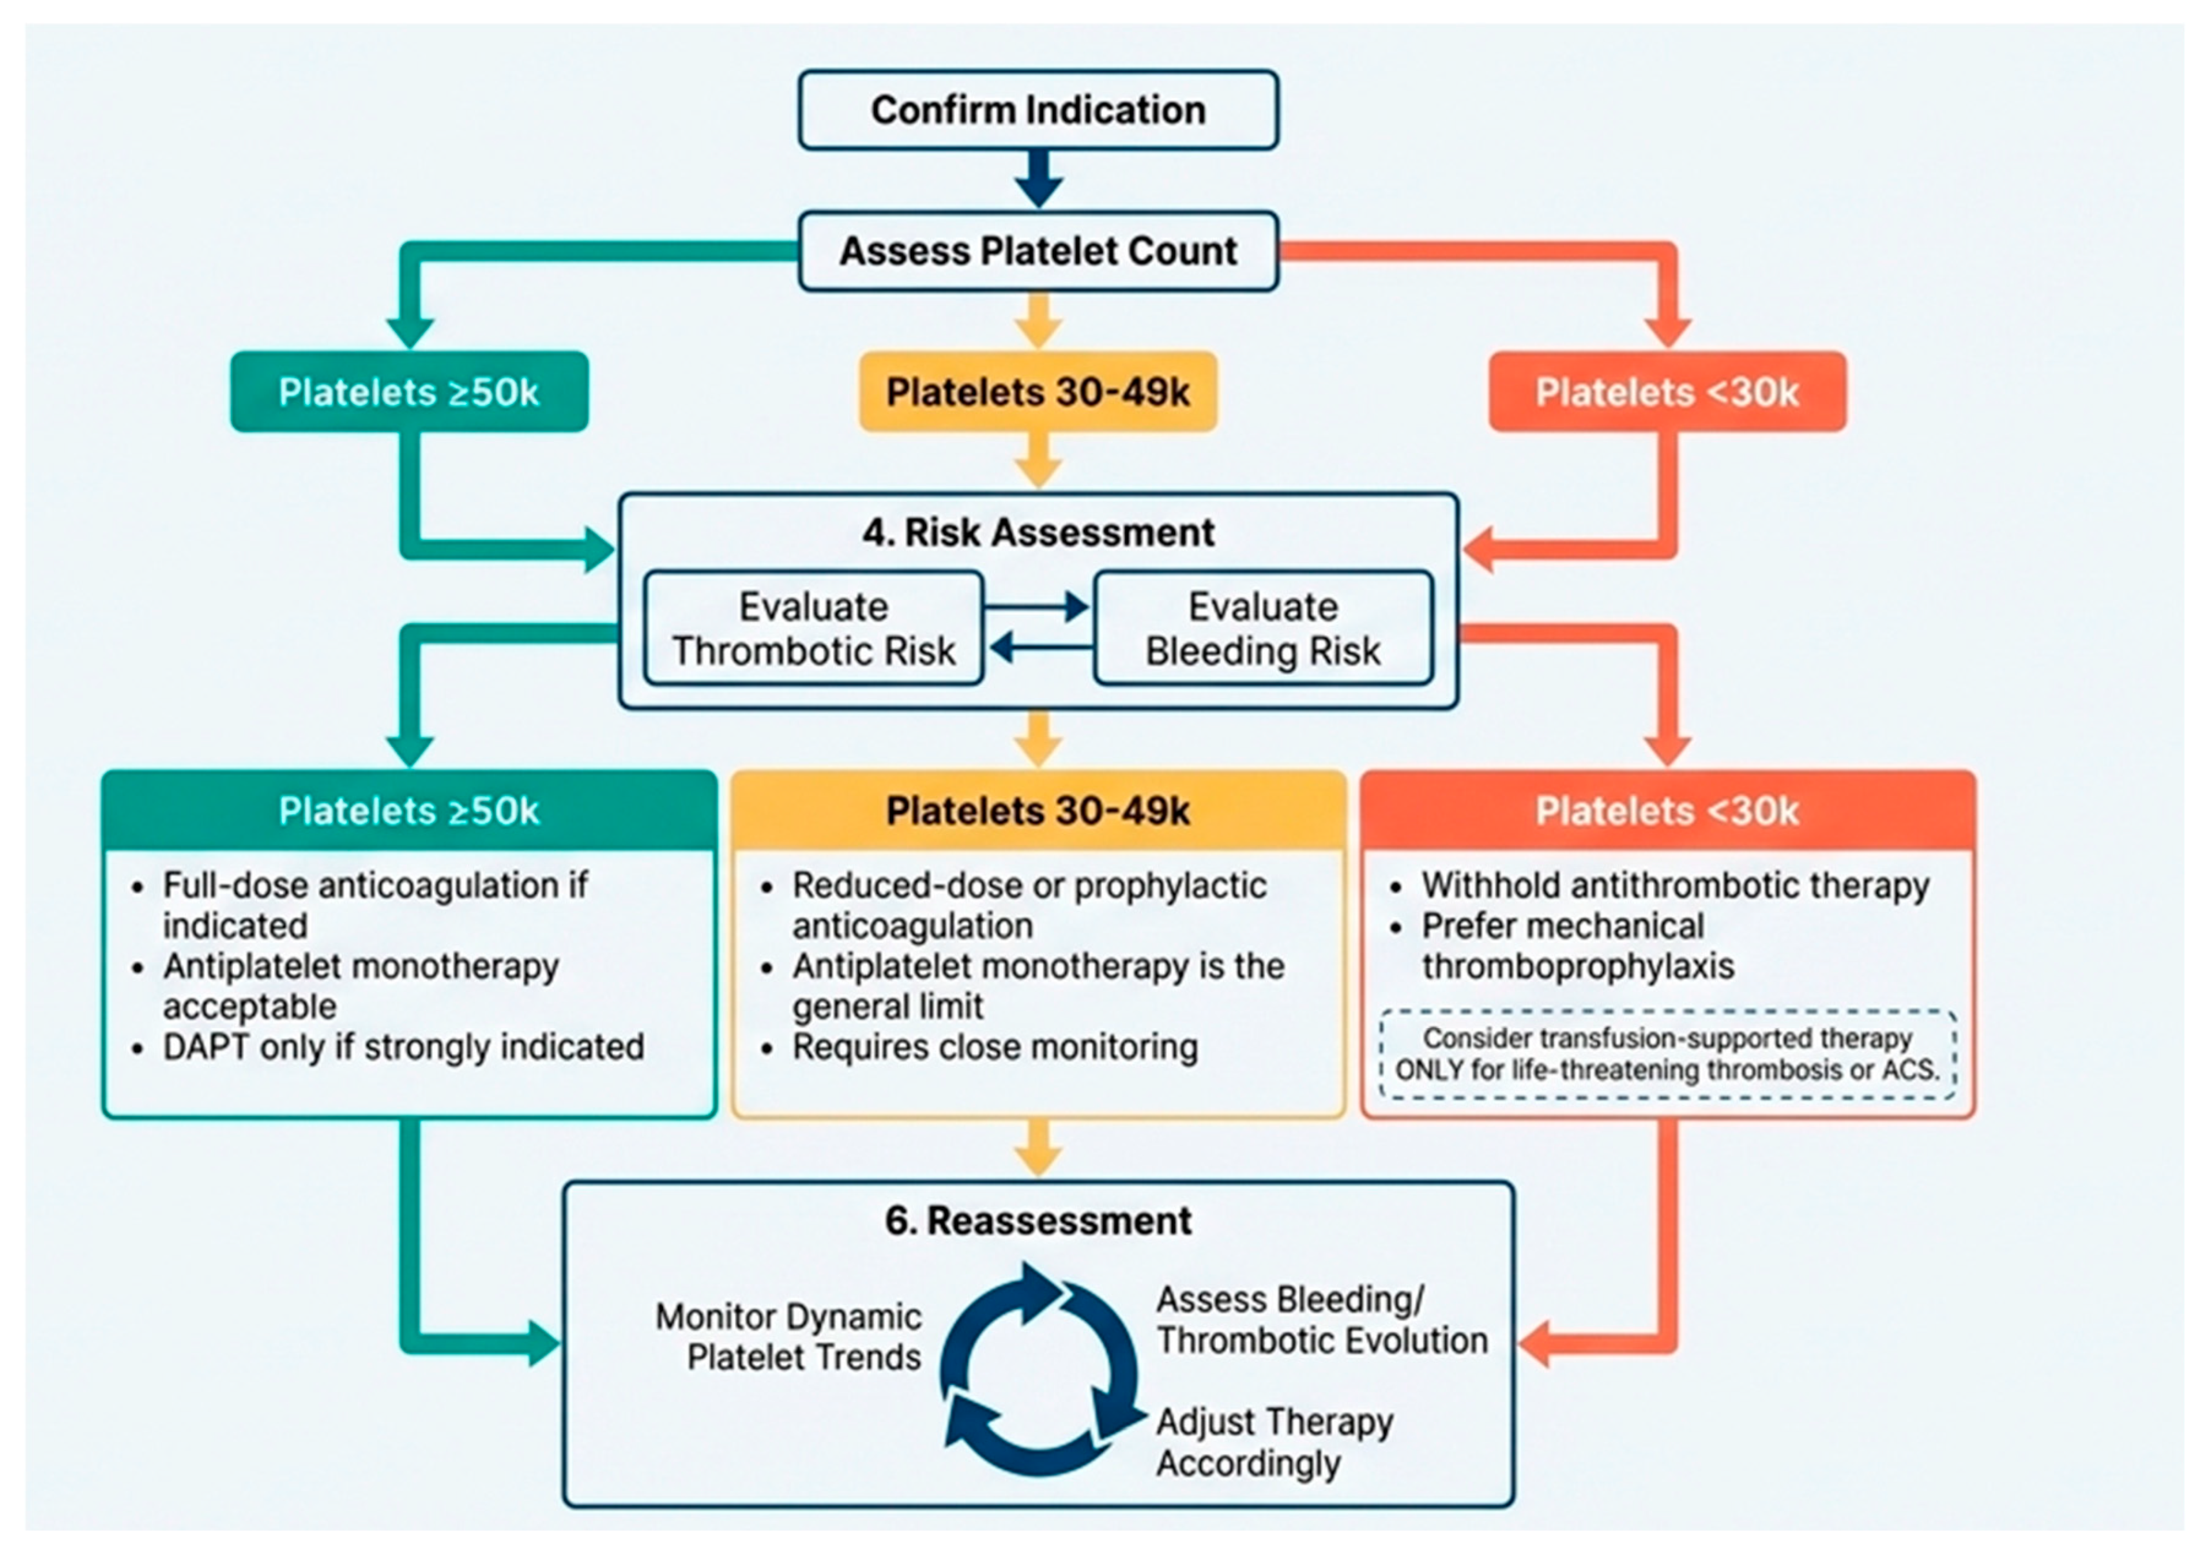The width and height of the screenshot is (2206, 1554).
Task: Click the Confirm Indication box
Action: [1038, 110]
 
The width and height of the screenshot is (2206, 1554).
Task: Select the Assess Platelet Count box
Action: [1038, 251]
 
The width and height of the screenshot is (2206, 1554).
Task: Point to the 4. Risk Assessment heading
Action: [1038, 532]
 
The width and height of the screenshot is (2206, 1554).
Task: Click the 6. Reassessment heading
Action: [1038, 1220]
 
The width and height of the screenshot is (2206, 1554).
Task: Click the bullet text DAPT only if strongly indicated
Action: [404, 1046]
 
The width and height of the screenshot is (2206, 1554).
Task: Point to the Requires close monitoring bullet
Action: [995, 1046]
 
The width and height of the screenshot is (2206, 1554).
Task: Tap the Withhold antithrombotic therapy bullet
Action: [1676, 885]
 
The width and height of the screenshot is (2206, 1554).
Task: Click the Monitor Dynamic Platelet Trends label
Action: [788, 1337]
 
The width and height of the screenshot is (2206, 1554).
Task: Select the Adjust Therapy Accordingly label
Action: [1274, 1442]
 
